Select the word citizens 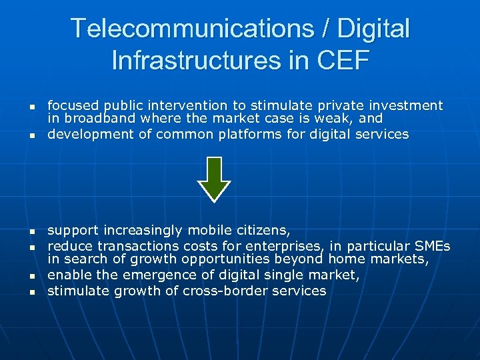click(x=261, y=231)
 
